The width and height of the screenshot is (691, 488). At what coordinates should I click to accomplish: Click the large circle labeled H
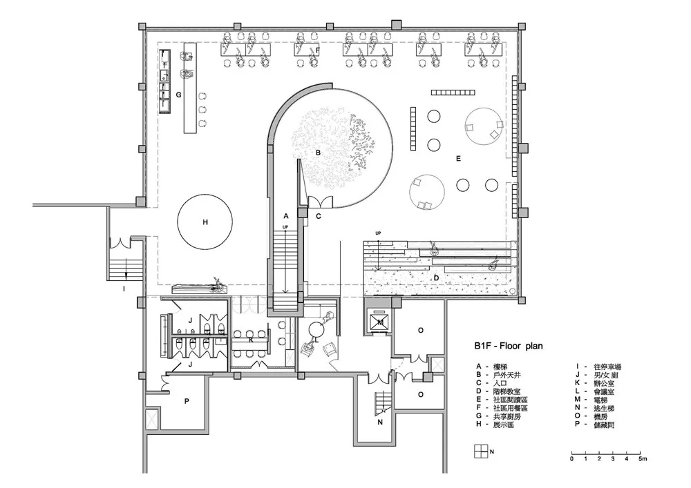coord(205,223)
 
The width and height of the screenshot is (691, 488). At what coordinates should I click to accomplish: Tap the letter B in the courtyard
coord(318,151)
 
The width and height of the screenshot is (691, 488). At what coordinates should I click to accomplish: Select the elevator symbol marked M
coord(380,322)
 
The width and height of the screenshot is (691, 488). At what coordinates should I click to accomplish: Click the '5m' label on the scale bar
coord(642,458)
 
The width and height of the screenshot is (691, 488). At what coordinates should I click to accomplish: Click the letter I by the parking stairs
coord(124,289)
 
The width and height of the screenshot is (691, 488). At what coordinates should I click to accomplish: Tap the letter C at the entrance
coord(319,217)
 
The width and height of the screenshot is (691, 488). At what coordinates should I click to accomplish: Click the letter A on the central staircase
coord(285,216)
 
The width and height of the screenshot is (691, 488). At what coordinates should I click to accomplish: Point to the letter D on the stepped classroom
coord(436,277)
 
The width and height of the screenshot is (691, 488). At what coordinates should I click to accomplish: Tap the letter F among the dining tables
coord(317,50)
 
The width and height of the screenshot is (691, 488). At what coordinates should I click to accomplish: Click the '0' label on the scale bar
coord(571,458)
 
